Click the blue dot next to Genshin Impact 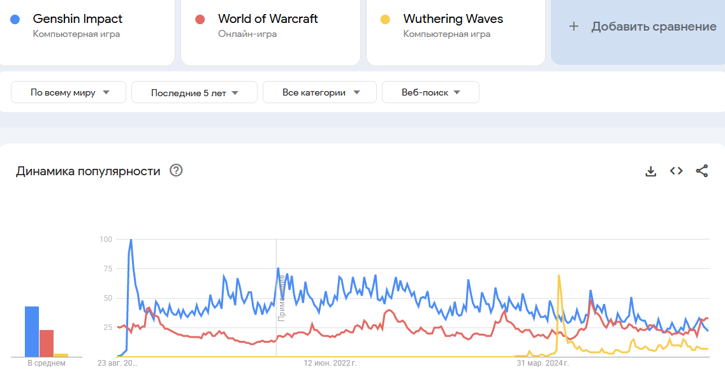[x=15, y=19]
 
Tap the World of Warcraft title [x=268, y=19]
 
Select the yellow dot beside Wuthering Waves [x=385, y=19]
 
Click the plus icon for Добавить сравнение [x=574, y=27]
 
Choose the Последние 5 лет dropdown [x=194, y=92]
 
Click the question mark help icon [x=176, y=171]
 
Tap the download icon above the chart [x=651, y=171]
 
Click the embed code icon [x=677, y=171]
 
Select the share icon [x=702, y=171]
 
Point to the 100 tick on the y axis [x=105, y=240]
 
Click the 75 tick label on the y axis [x=106, y=269]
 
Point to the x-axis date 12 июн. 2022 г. [x=330, y=363]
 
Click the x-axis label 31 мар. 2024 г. [x=542, y=363]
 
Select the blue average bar [x=32, y=331]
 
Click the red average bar [x=47, y=343]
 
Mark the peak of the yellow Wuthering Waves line [x=559, y=276]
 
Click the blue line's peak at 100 [x=131, y=240]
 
